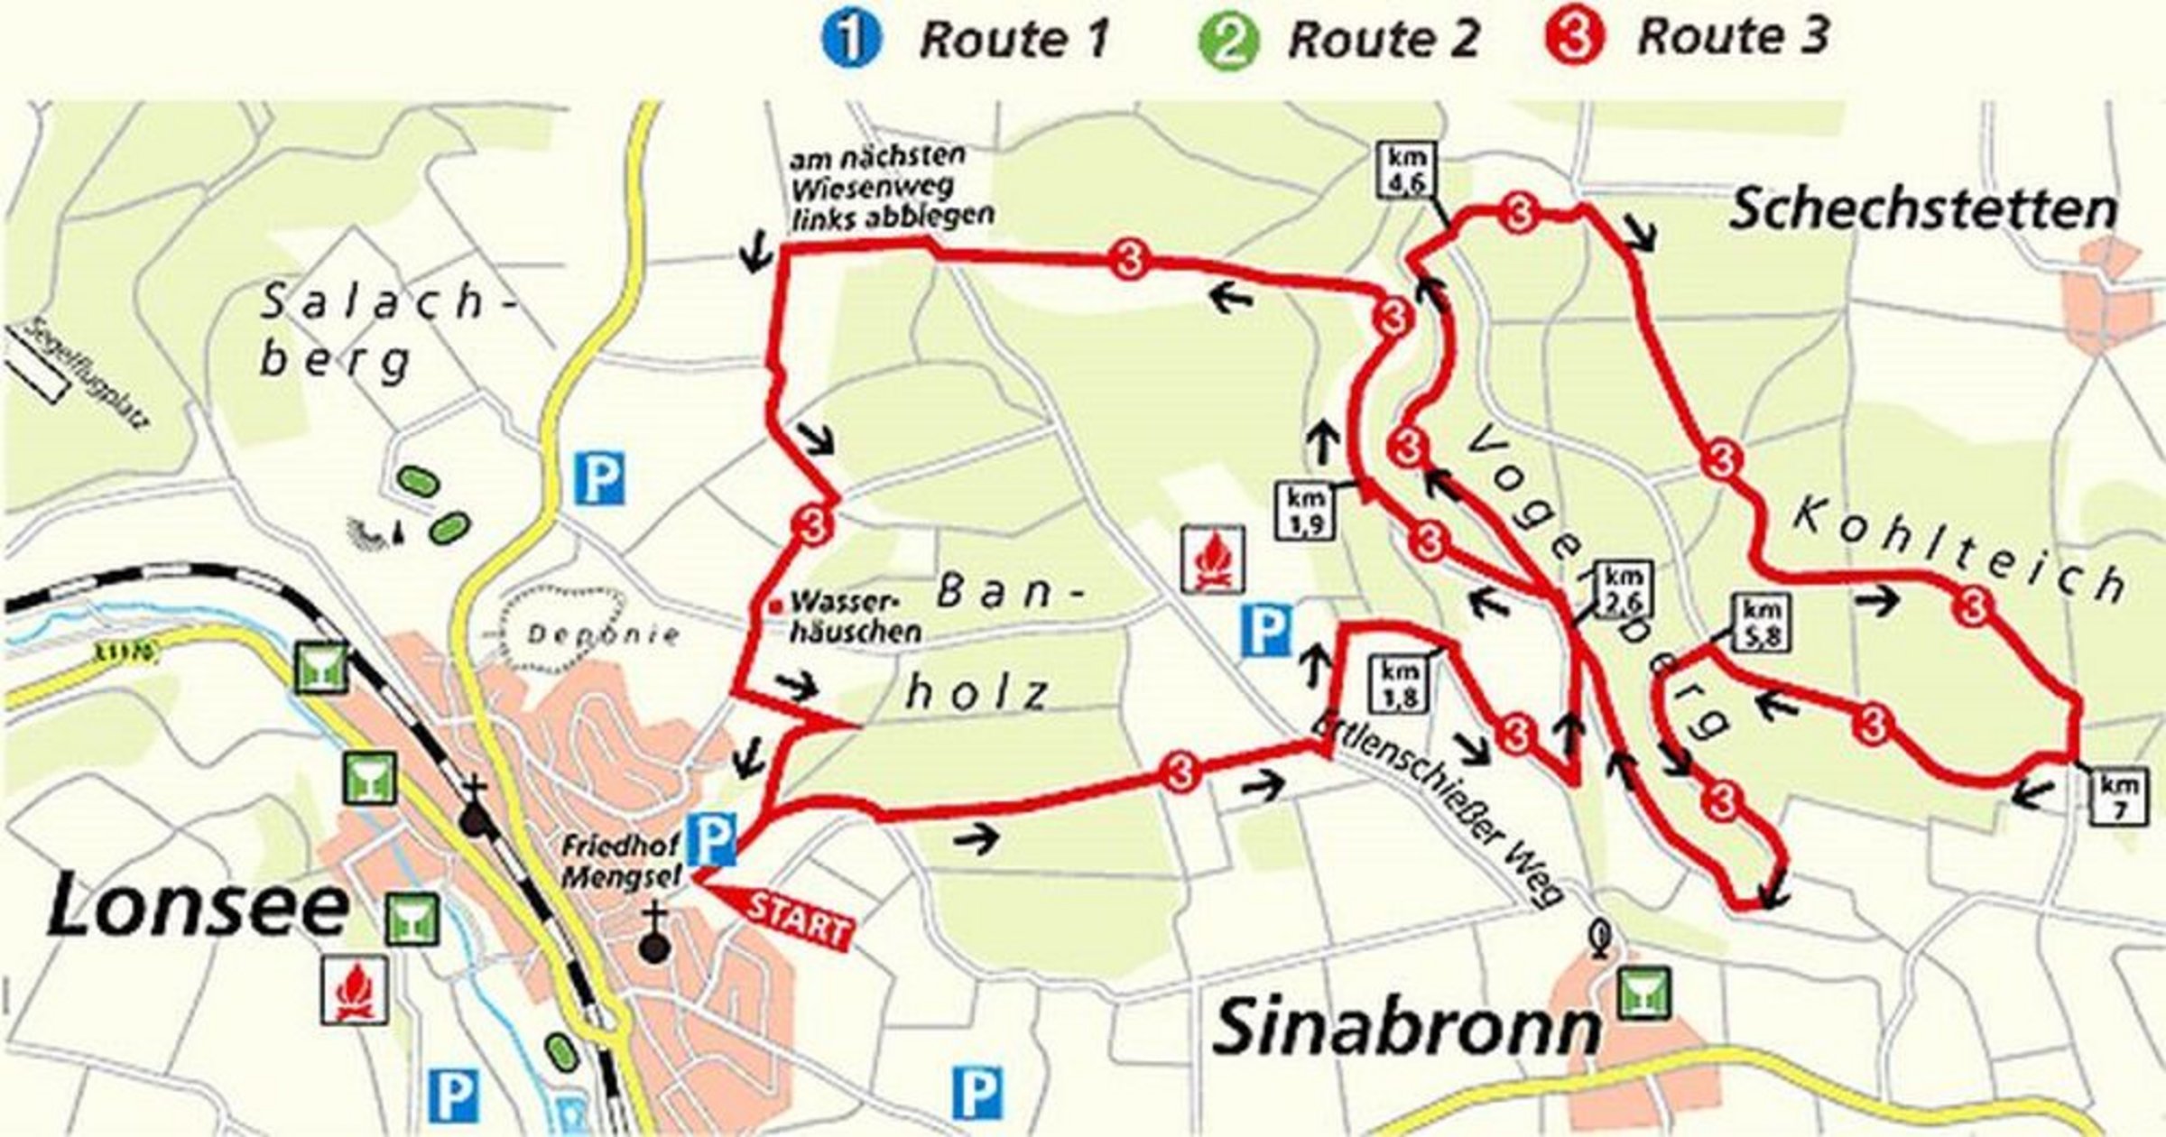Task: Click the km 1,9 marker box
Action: click(1304, 512)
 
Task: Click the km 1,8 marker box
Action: click(1400, 684)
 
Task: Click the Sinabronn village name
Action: click(1403, 1028)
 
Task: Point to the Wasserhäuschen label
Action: click(853, 617)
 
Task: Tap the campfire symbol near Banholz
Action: click(1214, 559)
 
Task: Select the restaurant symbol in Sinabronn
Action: click(1643, 994)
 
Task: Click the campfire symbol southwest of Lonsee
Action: click(356, 990)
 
